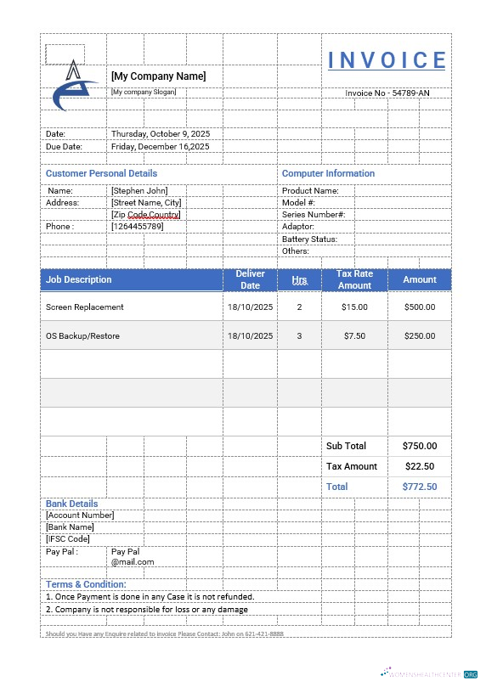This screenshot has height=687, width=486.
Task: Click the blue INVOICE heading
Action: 387,60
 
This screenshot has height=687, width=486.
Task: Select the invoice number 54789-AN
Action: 387,93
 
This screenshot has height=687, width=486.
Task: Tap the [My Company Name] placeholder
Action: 158,76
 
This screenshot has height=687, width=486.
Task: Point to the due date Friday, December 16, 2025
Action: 160,147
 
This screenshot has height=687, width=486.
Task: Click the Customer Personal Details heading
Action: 101,173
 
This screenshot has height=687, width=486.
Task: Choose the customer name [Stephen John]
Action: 139,191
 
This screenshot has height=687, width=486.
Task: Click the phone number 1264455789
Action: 137,227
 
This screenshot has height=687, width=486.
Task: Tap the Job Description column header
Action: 79,279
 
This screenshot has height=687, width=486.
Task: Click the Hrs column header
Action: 299,279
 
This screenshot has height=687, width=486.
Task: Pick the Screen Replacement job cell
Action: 85,307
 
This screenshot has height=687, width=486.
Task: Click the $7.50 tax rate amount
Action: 354,336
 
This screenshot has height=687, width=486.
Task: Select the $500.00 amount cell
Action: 419,307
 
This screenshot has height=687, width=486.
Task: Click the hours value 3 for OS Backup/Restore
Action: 299,336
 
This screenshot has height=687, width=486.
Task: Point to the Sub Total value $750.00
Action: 419,446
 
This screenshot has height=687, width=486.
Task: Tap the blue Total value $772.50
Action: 419,487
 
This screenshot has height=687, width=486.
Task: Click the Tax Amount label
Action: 352,466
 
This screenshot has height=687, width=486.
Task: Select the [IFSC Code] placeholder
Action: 67,539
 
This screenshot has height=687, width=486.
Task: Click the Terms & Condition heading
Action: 86,584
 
